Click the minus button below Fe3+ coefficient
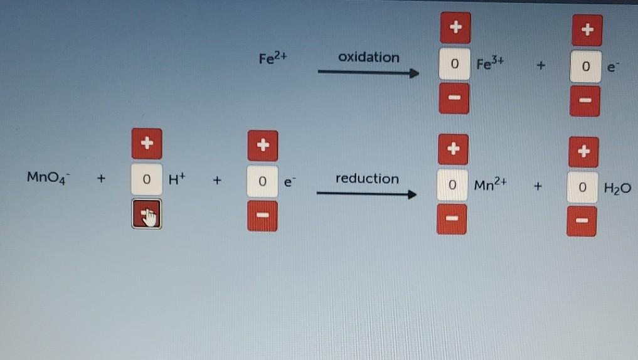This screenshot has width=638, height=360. tap(454, 99)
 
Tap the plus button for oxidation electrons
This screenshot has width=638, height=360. tap(587, 29)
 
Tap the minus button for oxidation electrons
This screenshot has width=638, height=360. tap(585, 100)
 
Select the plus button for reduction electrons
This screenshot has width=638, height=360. tap(262, 145)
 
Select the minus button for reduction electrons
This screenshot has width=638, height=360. tap(262, 216)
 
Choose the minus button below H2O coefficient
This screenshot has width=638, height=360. tap(582, 221)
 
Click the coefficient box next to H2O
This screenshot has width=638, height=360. tap(582, 188)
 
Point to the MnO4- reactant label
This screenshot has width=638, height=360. tap(45, 177)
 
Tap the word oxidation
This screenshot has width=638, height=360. tap(368, 57)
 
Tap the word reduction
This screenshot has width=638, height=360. tap(367, 179)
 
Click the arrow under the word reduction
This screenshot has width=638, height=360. tap(366, 194)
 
